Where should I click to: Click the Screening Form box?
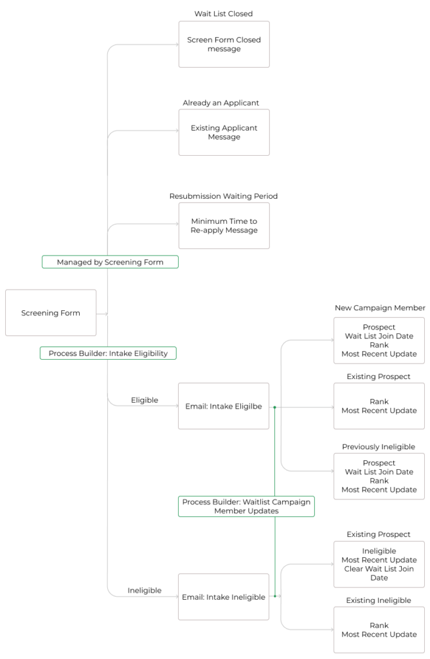51,313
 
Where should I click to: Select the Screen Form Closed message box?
224,44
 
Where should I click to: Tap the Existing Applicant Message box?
224,133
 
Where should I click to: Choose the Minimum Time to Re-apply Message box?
224,226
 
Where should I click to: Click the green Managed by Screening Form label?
110,262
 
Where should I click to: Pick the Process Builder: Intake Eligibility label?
108,353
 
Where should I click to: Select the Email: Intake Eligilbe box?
224,406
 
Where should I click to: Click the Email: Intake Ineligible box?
224,597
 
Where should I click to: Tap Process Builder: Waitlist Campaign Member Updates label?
246,506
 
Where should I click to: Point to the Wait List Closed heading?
224,14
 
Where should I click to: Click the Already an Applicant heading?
220,103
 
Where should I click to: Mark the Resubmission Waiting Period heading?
224,196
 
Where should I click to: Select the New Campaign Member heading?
380,308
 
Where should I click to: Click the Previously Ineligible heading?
379,447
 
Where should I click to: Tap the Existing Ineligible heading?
379,600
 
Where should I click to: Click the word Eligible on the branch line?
144,400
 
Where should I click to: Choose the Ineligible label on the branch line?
144,590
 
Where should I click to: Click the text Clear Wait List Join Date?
379,573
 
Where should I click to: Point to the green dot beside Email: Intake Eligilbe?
274,407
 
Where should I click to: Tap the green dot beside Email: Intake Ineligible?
274,596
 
